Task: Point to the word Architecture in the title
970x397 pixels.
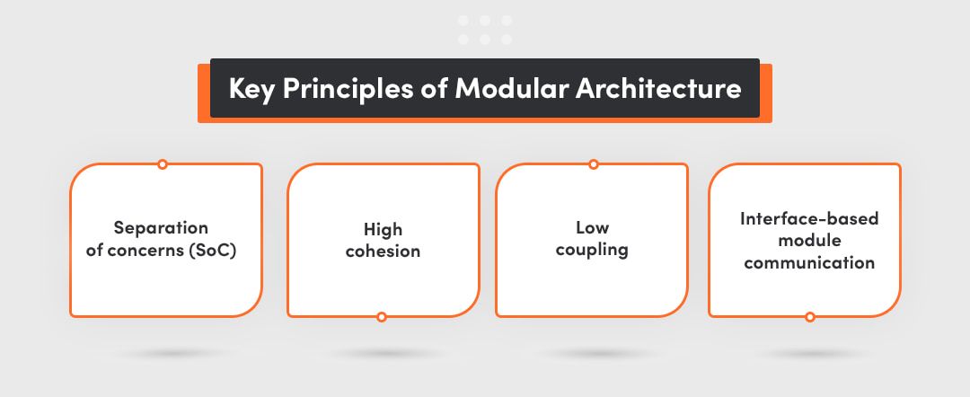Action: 659,88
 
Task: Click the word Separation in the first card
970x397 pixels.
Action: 161,228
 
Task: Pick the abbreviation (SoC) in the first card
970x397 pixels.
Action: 212,252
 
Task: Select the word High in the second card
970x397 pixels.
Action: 383,230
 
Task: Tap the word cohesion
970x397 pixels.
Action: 383,251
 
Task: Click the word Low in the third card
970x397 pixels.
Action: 592,227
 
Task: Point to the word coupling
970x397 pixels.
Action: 592,251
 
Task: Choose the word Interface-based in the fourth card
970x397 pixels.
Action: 809,219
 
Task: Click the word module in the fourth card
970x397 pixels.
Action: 809,240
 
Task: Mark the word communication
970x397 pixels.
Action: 809,262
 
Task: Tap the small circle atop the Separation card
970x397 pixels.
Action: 162,163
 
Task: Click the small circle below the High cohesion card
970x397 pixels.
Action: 382,317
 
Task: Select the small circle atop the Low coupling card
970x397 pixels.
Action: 594,163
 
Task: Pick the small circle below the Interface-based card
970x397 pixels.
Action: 810,317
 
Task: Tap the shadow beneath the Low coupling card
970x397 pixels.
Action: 594,354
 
